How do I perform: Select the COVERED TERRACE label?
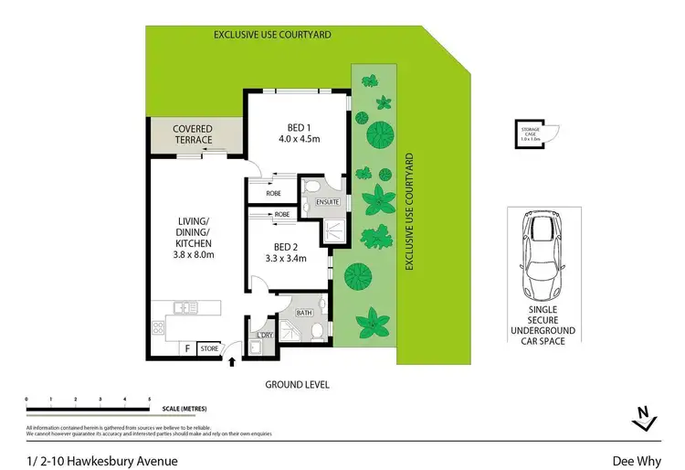pos(193,134)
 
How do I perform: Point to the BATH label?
pos(303,314)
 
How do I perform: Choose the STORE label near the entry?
pos(209,347)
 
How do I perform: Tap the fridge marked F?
pos(187,347)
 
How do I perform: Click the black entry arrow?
pos(230,362)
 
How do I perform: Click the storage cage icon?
pos(531,134)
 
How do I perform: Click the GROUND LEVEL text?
pos(297,385)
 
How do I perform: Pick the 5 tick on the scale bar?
pos(150,400)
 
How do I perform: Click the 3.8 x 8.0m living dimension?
pos(195,255)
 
